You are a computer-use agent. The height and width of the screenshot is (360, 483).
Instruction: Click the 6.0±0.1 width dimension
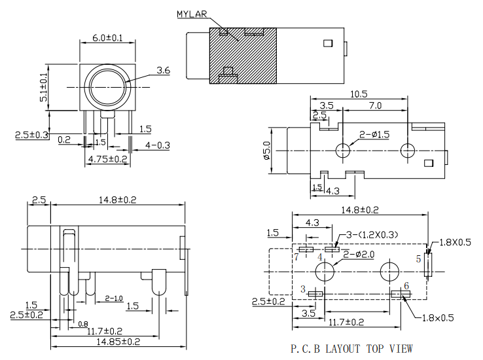[x=107, y=38]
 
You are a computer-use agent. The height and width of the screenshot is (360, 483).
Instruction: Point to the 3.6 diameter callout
[x=163, y=70]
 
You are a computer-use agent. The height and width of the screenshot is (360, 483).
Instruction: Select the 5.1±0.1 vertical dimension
[x=44, y=86]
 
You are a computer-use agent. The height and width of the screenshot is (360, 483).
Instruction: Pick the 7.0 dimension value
[x=375, y=105]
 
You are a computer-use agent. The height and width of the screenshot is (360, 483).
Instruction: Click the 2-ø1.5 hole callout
[x=374, y=135]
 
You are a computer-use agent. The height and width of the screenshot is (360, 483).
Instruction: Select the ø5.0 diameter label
[x=266, y=151]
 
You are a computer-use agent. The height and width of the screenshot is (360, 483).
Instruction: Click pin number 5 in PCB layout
[x=419, y=259]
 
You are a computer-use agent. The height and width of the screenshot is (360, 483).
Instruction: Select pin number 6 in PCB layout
[x=406, y=286]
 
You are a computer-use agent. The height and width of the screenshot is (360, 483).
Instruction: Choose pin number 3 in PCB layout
[x=302, y=289]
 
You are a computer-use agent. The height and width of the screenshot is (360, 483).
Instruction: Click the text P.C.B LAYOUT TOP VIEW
[x=352, y=348]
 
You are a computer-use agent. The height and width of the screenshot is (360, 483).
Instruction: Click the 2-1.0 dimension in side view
[x=114, y=299]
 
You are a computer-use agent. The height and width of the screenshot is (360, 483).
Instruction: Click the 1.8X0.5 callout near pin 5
[x=456, y=242]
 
